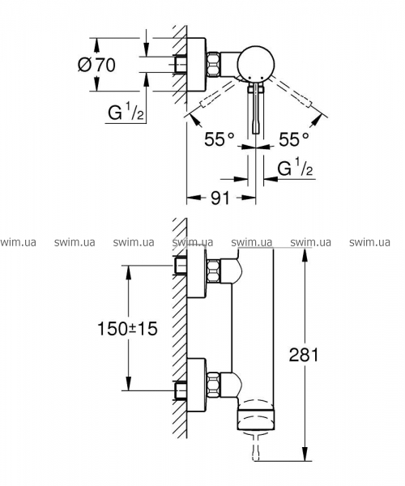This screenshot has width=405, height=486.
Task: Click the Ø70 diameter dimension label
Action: (x=96, y=65)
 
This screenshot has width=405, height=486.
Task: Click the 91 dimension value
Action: (x=220, y=198)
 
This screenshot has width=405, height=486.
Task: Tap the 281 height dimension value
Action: (x=304, y=355)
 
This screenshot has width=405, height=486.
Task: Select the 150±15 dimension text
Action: (x=127, y=329)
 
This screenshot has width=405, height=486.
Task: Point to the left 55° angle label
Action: (x=220, y=139)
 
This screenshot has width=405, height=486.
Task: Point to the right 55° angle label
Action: (x=294, y=139)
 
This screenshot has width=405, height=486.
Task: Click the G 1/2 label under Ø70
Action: (x=126, y=113)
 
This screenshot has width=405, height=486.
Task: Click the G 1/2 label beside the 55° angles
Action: (x=295, y=168)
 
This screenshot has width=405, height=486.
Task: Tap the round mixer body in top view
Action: (x=256, y=65)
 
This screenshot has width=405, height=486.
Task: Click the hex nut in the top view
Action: (x=214, y=65)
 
